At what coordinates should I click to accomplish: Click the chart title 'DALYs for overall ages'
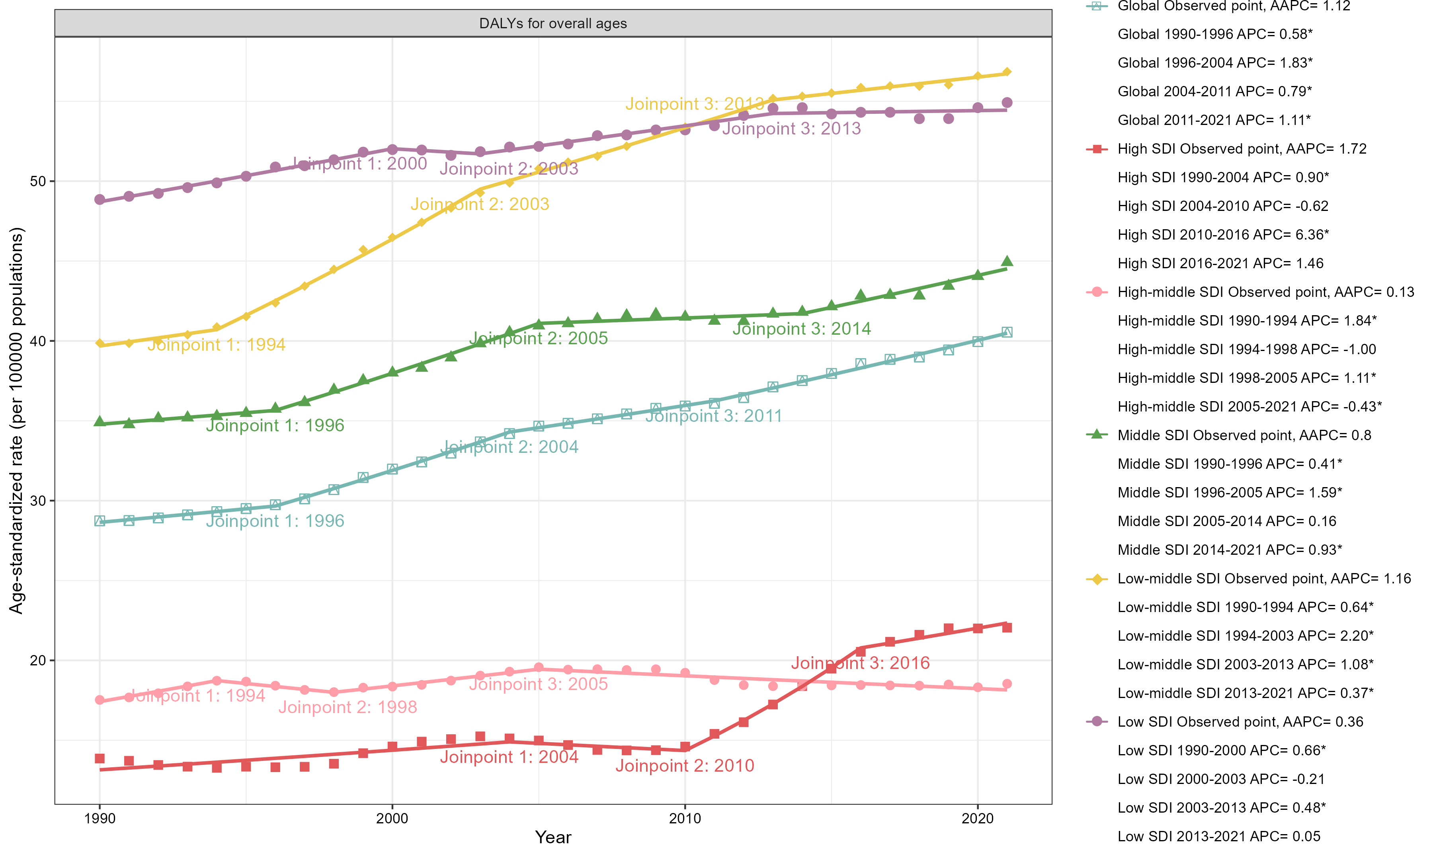pos(553,23)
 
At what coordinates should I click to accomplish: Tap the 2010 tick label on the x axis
pos(685,818)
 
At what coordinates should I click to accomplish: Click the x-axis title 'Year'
pos(553,837)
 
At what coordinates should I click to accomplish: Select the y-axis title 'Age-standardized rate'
pos(17,421)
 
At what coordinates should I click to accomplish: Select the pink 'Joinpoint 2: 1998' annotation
pos(348,707)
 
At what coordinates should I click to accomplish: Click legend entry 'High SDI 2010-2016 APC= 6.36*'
pos(1223,235)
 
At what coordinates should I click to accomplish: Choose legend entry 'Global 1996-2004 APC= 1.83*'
pos(1215,62)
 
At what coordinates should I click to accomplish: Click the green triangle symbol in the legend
pos(1097,435)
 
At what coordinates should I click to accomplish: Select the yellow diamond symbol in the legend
pos(1097,579)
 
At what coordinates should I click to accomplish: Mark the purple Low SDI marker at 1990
pos(100,200)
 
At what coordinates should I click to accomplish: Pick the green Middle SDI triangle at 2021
pos(1007,261)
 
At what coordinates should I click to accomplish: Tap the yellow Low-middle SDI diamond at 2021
pos(1007,72)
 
